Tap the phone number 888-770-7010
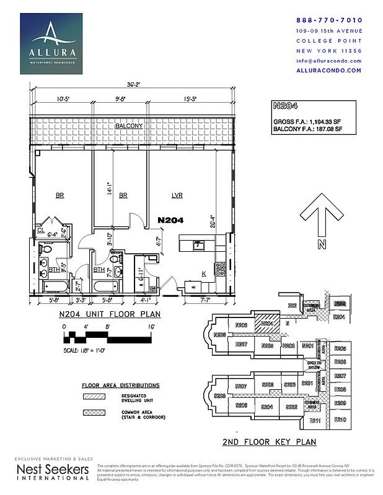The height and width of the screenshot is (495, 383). tap(330, 20)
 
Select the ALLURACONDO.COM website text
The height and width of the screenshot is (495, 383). tap(330, 71)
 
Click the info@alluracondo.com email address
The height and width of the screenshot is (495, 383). tap(330, 61)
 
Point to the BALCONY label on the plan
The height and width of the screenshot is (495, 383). tap(129, 126)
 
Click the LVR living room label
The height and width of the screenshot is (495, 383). tap(177, 196)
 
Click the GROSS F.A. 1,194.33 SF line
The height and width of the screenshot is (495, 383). tap(307, 122)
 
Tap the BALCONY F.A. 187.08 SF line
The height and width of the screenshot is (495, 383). tap(307, 130)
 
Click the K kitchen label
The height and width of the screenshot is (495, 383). tap(204, 273)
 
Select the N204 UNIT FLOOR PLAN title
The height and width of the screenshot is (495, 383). tap(110, 314)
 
